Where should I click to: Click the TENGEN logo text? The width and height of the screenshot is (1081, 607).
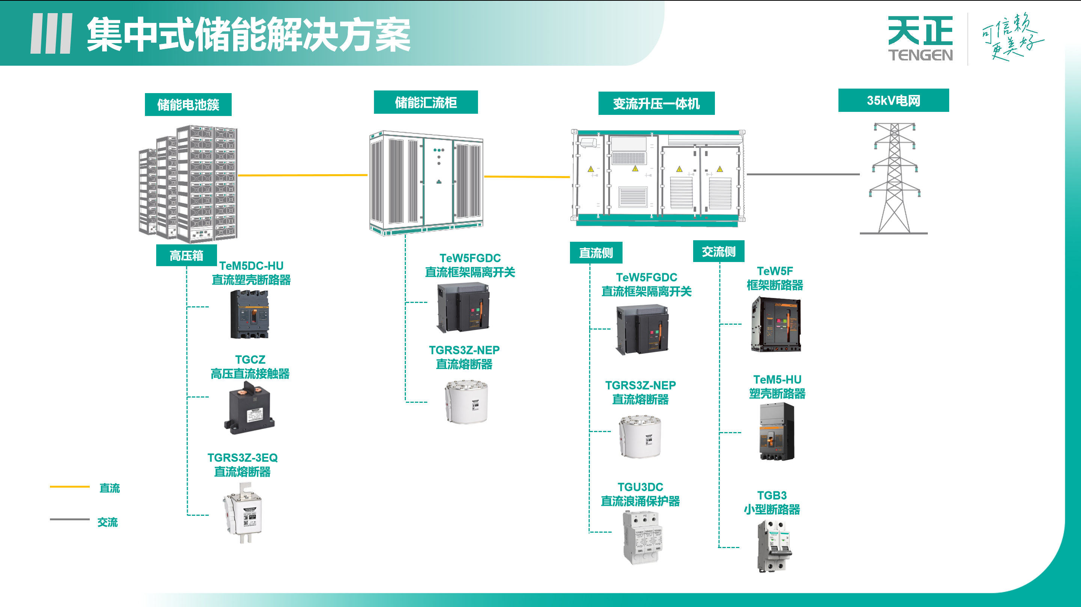[x=920, y=55]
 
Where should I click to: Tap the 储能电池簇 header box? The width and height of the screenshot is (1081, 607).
[x=188, y=104]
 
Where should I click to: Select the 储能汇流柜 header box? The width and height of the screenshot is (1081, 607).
[x=425, y=102]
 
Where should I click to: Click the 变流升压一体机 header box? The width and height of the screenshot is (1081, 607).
[x=656, y=104]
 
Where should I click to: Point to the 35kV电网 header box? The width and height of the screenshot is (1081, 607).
[x=893, y=100]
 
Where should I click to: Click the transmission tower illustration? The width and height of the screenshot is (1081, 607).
[x=894, y=178]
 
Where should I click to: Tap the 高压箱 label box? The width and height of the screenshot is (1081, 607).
[x=186, y=255]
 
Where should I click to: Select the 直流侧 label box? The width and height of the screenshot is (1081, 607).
[x=596, y=253]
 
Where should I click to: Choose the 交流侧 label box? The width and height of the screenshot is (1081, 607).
[x=718, y=251]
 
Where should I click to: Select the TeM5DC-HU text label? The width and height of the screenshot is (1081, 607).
[x=251, y=266]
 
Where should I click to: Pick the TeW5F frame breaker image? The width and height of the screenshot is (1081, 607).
[x=775, y=324]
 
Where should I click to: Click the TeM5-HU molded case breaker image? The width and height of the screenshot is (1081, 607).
[x=776, y=432]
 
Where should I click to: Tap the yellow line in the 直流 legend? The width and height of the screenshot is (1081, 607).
[x=70, y=487]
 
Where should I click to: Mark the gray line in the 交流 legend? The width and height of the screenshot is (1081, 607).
[x=70, y=519]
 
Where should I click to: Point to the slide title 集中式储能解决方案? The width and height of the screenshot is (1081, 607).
[x=249, y=35]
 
